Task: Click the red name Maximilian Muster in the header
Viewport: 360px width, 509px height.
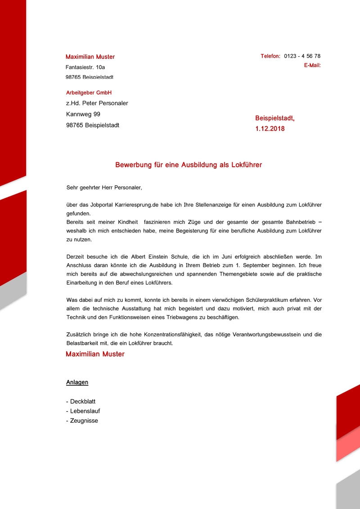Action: point(90,57)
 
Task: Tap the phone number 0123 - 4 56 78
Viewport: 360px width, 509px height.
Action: point(302,56)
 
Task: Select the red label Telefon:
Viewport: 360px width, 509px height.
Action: point(270,56)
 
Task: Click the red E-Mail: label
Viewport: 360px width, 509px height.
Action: point(312,66)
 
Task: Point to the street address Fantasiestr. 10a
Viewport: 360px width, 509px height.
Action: point(85,67)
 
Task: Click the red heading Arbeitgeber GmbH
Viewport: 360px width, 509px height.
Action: point(89,93)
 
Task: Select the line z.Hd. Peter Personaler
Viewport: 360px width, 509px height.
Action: point(97,103)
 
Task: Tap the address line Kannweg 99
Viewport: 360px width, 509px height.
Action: point(83,114)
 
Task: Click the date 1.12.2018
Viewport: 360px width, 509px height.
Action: point(270,129)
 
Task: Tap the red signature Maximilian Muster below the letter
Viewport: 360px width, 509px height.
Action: point(95,354)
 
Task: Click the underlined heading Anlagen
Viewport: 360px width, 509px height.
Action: point(77,383)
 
